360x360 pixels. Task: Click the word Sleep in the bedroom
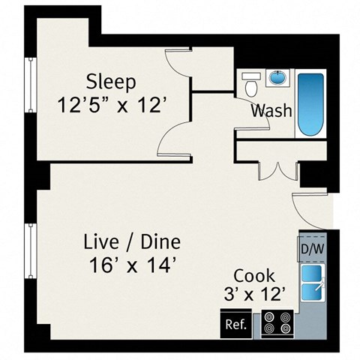tap(110, 81)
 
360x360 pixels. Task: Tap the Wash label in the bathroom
tap(271, 111)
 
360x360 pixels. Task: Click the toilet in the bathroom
tap(250, 85)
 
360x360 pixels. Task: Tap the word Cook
tap(253, 275)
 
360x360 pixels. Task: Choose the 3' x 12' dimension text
tap(253, 295)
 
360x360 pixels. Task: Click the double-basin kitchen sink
tap(313, 280)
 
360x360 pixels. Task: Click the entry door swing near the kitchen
tap(310, 206)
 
